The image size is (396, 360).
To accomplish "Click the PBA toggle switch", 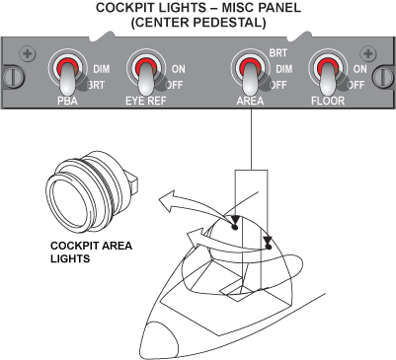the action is pyautogui.click(x=68, y=73).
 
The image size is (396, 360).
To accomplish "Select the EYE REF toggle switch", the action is pyautogui.click(x=146, y=73).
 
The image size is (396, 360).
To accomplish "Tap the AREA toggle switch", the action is pyautogui.click(x=250, y=73).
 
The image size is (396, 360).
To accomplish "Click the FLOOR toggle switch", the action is pyautogui.click(x=328, y=73).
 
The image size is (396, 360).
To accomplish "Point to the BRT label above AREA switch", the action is pyautogui.click(x=278, y=53).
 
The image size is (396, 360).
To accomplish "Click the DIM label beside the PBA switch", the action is pyautogui.click(x=102, y=69).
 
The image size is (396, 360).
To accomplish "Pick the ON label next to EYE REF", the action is pyautogui.click(x=179, y=69).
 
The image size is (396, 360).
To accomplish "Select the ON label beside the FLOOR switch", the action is pyautogui.click(x=360, y=69).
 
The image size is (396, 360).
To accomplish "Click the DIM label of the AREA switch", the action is pyautogui.click(x=284, y=69).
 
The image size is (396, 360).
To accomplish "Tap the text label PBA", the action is pyautogui.click(x=67, y=101).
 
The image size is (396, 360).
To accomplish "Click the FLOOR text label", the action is pyautogui.click(x=328, y=101).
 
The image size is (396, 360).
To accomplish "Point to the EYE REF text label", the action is pyautogui.click(x=146, y=101).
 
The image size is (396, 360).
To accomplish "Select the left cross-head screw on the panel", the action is pyautogui.click(x=28, y=53).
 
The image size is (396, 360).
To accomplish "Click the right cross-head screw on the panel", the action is pyautogui.click(x=368, y=53).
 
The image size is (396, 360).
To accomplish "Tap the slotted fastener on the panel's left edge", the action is pyautogui.click(x=12, y=77).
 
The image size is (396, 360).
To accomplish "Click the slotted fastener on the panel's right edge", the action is pyautogui.click(x=384, y=77).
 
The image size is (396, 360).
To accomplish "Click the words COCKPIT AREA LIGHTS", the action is pyautogui.click(x=91, y=252).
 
